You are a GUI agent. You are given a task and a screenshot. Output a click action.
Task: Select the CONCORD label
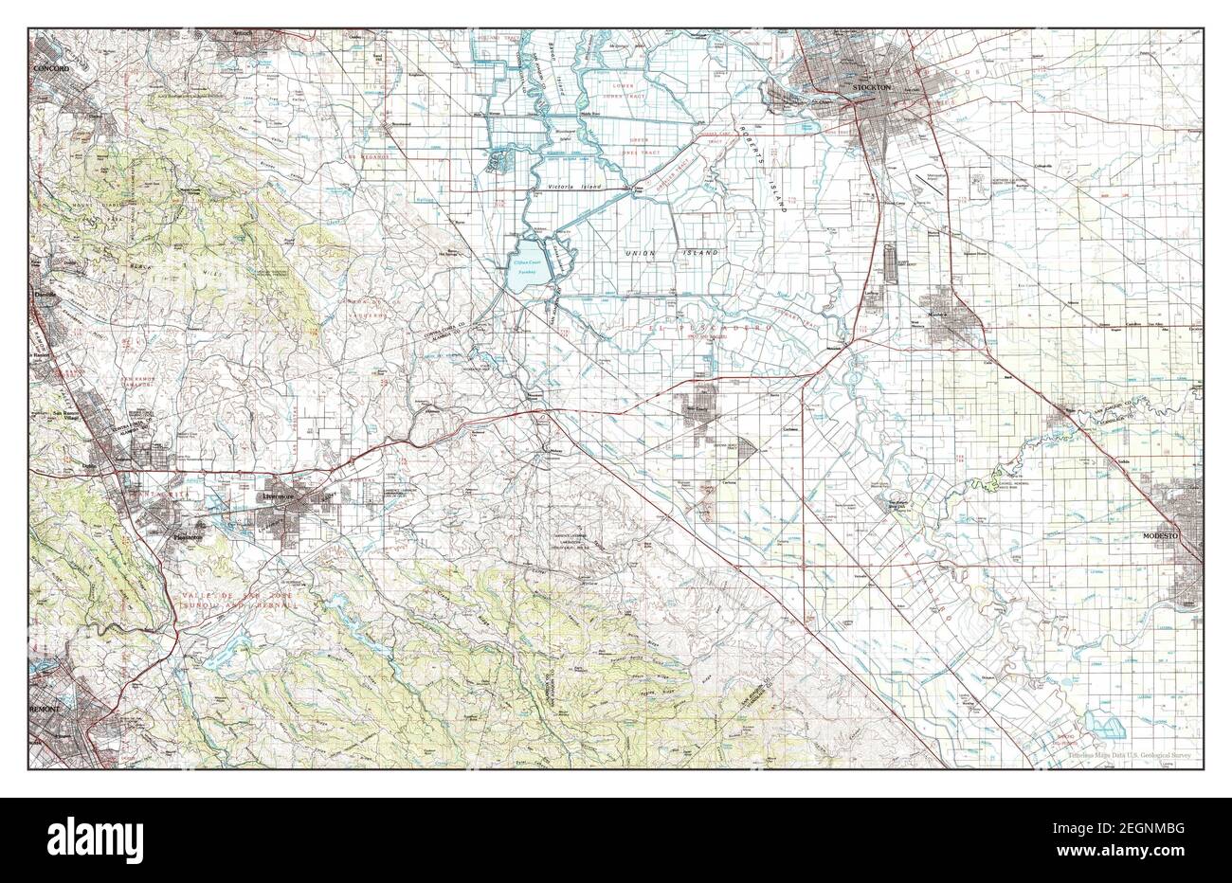[x=52, y=69]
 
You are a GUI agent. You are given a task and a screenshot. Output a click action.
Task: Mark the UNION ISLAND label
[x=670, y=254]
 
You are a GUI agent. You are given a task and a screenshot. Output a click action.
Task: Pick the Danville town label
[x=46, y=295]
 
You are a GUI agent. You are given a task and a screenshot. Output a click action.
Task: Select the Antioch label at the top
[x=246, y=36]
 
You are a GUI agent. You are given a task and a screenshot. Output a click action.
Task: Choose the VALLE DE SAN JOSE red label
[x=223, y=590]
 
